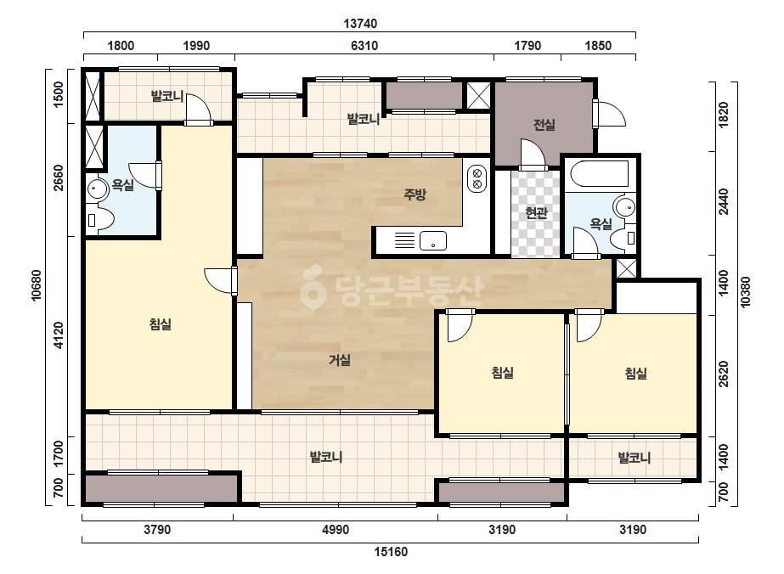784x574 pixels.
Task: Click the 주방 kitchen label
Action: point(415,194)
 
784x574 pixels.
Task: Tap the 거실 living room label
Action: point(340,359)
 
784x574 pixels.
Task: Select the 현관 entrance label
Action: point(536,213)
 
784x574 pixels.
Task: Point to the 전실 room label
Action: point(544,125)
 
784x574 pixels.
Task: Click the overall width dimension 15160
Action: point(391,552)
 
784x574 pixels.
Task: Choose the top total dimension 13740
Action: point(360,24)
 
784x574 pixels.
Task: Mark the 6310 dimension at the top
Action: point(364,46)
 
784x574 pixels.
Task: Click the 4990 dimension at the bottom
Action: point(336,530)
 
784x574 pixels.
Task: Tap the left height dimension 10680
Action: point(37,285)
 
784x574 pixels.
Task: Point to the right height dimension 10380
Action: point(746,292)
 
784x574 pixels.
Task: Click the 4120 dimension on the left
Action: point(59,335)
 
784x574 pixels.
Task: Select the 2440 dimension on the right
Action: point(723,202)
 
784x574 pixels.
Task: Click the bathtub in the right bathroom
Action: point(600,173)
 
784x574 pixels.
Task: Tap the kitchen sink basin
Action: point(433,241)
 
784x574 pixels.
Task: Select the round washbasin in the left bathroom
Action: point(97,189)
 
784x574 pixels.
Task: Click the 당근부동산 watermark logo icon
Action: point(313,287)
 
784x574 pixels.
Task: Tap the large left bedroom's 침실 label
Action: point(161,324)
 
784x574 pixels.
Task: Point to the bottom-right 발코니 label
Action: point(635,458)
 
